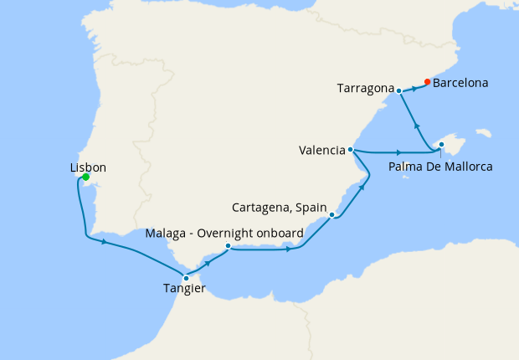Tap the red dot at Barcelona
point(427,82)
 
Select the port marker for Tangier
point(186,278)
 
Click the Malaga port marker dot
point(228,246)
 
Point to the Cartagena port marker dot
point(332,215)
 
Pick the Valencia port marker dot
point(351,151)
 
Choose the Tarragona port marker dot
point(399,90)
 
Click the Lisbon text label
point(88,167)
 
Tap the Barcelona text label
point(461,83)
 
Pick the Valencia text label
point(322,151)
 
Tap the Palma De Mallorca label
point(440,167)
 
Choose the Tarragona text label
point(365,87)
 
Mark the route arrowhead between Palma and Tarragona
point(418,126)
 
